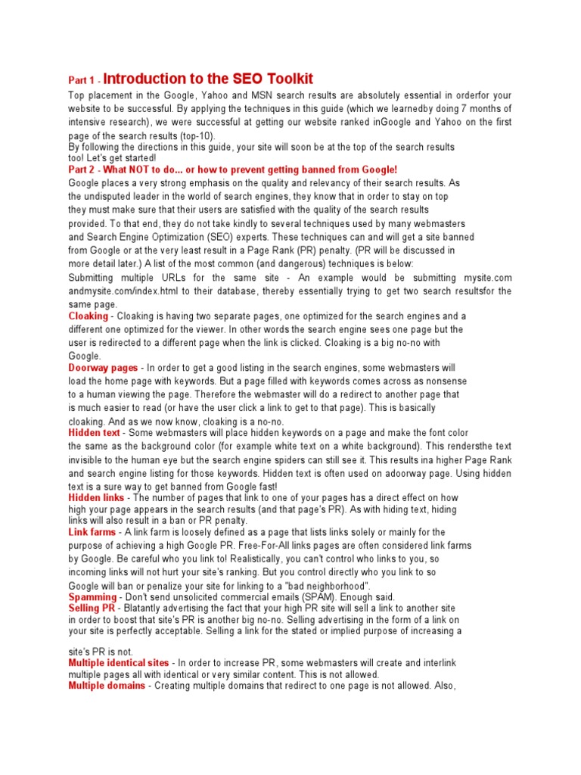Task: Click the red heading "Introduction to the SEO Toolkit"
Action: pos(208,79)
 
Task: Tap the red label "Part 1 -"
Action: pos(83,80)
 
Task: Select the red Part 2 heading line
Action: pos(232,170)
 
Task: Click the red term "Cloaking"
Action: pos(89,316)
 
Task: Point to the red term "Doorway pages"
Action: pos(103,368)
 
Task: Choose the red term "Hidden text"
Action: pos(94,433)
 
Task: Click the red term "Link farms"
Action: pos(92,533)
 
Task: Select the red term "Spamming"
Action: pos(92,597)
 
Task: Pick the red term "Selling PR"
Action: pos(92,608)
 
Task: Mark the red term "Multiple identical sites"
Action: pos(119,663)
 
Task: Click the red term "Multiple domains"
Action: pos(107,686)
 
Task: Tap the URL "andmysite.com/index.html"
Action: pos(118,291)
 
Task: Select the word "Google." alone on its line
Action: pos(84,356)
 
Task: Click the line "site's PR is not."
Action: pos(100,651)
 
